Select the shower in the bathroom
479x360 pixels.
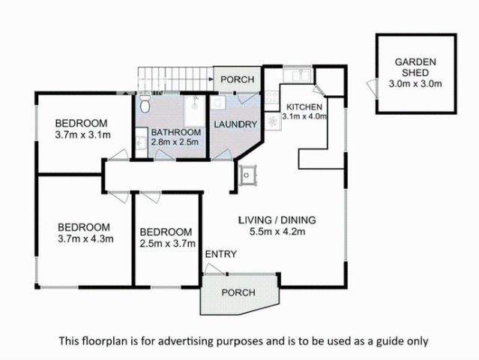pyautogui.click(x=194, y=105)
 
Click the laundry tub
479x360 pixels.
pyautogui.click(x=216, y=103)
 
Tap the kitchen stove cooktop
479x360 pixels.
pyautogui.click(x=274, y=118)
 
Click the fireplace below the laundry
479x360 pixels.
pyautogui.click(x=246, y=175)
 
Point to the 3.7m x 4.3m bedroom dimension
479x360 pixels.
pyautogui.click(x=84, y=239)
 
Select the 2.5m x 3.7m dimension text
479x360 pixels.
pyautogui.click(x=167, y=244)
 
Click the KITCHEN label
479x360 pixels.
pyautogui.click(x=304, y=106)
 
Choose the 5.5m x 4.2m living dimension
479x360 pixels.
pyautogui.click(x=277, y=232)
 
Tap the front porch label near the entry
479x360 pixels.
pyautogui.click(x=238, y=292)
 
